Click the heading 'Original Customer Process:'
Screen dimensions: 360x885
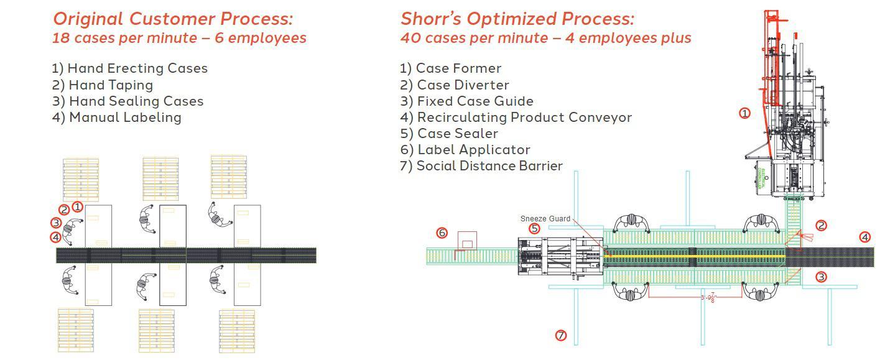[172, 19]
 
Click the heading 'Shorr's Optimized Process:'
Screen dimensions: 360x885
[517, 19]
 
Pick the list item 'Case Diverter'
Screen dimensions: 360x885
[455, 85]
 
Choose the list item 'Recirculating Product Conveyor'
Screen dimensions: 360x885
[516, 117]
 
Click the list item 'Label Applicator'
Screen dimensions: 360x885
[465, 149]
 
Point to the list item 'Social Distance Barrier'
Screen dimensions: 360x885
[481, 165]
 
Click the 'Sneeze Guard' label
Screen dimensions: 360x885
[545, 219]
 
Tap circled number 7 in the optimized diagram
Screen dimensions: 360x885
[561, 336]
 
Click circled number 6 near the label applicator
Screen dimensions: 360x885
[442, 233]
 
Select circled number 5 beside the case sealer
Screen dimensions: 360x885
[534, 229]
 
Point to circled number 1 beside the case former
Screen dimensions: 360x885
[744, 113]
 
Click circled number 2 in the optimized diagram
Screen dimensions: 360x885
[821, 226]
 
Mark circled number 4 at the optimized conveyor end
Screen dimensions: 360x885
[864, 237]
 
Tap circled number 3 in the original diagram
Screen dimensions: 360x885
[56, 223]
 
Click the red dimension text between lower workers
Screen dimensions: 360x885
[708, 298]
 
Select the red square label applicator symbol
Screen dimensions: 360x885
[467, 241]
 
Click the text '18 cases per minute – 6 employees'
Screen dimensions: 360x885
[179, 38]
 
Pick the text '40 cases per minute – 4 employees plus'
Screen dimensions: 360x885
[545, 38]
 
